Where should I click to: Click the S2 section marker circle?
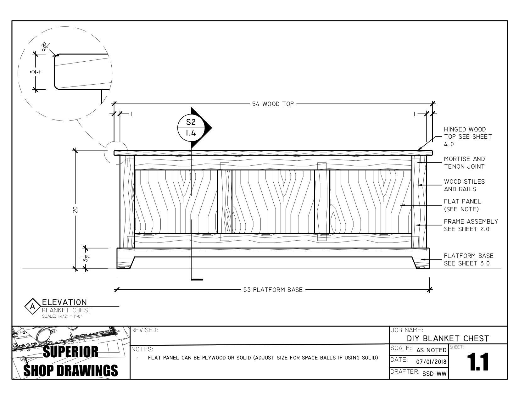click(x=191, y=128)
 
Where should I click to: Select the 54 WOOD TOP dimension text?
click(x=273, y=104)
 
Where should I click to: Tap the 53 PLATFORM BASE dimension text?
click(x=273, y=290)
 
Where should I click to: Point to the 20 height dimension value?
click(x=75, y=209)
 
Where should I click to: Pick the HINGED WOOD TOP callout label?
click(x=467, y=137)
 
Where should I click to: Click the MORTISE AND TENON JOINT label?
click(x=464, y=163)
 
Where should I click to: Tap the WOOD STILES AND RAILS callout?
click(x=464, y=185)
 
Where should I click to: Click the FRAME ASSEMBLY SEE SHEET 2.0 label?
click(x=471, y=225)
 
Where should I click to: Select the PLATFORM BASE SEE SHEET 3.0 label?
click(x=468, y=259)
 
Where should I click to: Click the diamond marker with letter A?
click(x=32, y=306)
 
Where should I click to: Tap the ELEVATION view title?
click(x=64, y=302)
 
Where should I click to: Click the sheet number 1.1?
click(x=477, y=362)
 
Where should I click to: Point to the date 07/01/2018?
click(x=431, y=362)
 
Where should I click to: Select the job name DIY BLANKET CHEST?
click(x=448, y=338)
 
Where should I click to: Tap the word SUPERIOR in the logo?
click(x=70, y=352)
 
